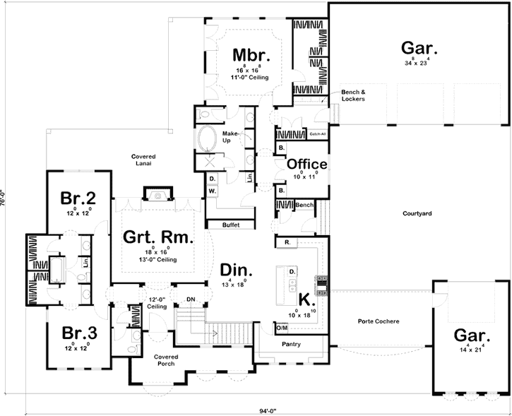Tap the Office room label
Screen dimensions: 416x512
click(306, 165)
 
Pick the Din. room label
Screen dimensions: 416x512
click(234, 270)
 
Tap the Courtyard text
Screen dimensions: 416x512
click(417, 213)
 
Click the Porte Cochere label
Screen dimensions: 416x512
click(379, 322)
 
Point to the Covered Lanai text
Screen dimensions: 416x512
click(143, 160)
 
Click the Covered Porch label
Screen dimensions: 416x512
click(168, 361)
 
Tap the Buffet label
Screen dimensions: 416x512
click(230, 225)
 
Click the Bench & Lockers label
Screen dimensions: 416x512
click(353, 95)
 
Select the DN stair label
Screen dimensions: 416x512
click(189, 299)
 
